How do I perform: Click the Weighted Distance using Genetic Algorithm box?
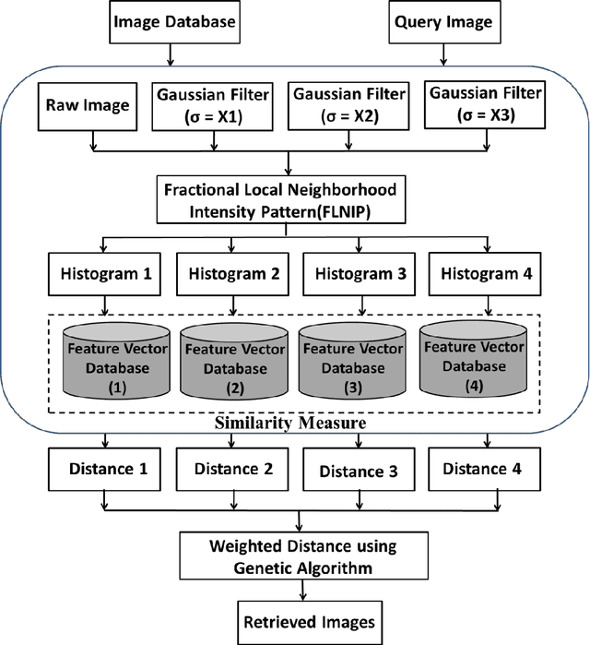coord(289,557)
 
